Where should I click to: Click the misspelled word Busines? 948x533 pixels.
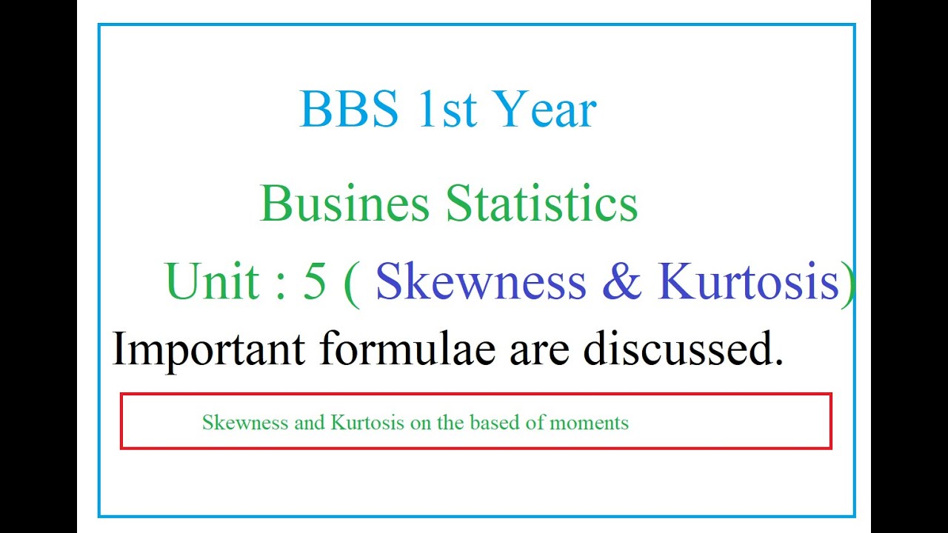click(344, 204)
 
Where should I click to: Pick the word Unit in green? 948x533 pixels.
click(213, 282)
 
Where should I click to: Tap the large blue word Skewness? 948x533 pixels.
click(481, 282)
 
